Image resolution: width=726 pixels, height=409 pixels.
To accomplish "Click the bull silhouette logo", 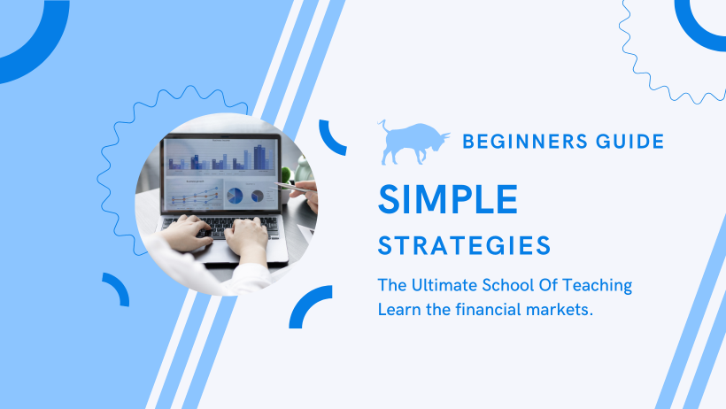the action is pos(412,143).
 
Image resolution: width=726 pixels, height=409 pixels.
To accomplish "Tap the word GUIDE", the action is pos(630,142).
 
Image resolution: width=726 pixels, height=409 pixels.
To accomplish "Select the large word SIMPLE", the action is pos(448,200).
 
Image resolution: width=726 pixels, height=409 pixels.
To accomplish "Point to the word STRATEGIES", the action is pos(464,245).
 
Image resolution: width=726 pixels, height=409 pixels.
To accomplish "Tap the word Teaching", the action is pos(597,286).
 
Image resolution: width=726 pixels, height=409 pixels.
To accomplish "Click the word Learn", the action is pos(399,310).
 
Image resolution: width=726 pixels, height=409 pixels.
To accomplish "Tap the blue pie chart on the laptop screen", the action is pos(236,196).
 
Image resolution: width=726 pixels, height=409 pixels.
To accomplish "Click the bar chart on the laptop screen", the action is pos(221,157).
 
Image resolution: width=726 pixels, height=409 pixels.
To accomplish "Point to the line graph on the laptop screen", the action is pos(195,196).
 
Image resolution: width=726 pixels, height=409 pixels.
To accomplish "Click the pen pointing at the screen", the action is pos(290,187).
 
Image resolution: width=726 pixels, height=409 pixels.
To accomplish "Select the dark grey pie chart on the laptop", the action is pos(258,197).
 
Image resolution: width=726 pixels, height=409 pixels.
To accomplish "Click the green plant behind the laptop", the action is pos(287,175).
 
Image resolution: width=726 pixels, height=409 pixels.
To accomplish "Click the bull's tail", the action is pos(383,127).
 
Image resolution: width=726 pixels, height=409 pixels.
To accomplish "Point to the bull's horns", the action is pos(444,135).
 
